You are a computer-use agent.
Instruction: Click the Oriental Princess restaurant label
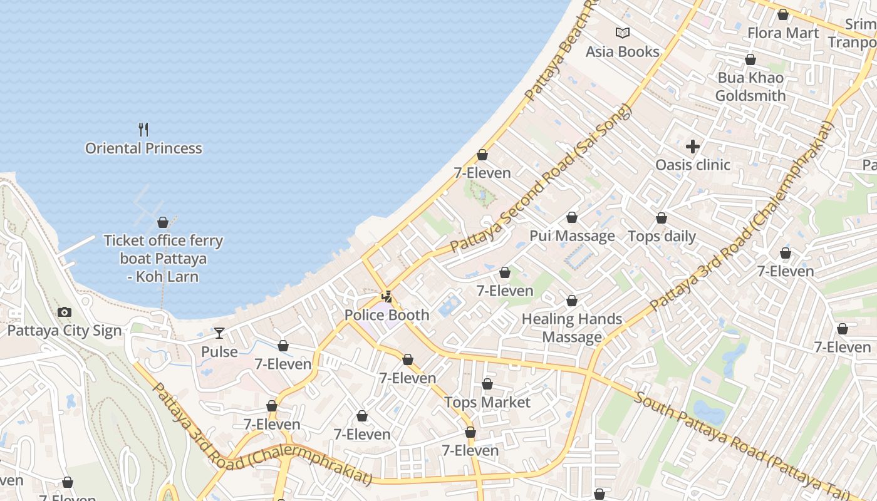coord(143,148)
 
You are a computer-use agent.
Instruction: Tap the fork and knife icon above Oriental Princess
coord(143,130)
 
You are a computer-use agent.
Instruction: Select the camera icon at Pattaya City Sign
coord(64,312)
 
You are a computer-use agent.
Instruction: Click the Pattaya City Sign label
coord(64,331)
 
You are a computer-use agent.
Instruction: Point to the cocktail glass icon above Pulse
coord(219,333)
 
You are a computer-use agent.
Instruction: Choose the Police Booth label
coord(387,315)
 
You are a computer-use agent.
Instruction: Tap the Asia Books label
coord(622,51)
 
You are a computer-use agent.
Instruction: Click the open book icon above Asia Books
coord(622,33)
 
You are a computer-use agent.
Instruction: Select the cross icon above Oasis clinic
coord(692,147)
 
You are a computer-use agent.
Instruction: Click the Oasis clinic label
coord(692,165)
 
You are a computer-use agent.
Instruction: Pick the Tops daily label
coord(662,236)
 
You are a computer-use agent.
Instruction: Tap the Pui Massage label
coord(572,236)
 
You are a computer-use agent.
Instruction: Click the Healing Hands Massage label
coord(572,328)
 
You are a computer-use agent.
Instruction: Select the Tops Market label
coord(487,402)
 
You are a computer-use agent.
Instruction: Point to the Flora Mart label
coord(783,33)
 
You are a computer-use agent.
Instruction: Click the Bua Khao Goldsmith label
coord(750,86)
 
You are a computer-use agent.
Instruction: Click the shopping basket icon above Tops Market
coord(487,384)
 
